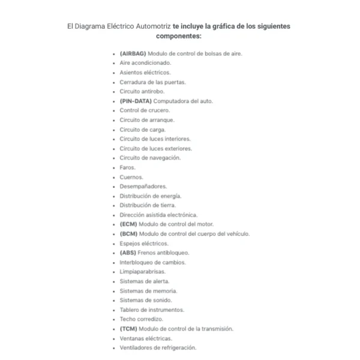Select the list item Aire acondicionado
(x=145, y=62)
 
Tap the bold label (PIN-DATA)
(x=135, y=101)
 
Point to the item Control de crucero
(x=145, y=110)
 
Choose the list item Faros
(x=127, y=167)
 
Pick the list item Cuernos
(x=131, y=177)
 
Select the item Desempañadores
(x=143, y=186)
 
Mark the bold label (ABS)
(x=128, y=253)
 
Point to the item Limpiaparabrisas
(x=142, y=272)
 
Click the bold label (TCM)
(x=128, y=329)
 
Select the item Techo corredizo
(x=141, y=319)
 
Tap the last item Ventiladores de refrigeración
(x=157, y=348)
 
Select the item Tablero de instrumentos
(x=152, y=310)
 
